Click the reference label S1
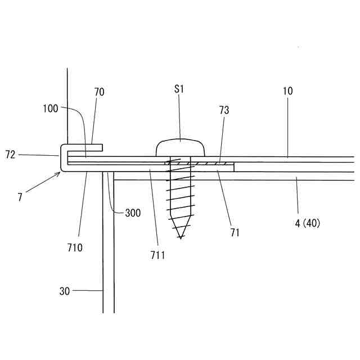coord(179,89)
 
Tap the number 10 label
coord(287,91)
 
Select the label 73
coord(224,110)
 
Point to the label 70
coord(99,92)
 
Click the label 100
coord(50,109)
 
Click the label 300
coord(133,213)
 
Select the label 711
coord(158,255)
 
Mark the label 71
coord(235,232)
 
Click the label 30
coord(65,291)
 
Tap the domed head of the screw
coord(180,148)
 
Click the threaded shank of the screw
coord(180,197)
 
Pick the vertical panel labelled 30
coord(109,253)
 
